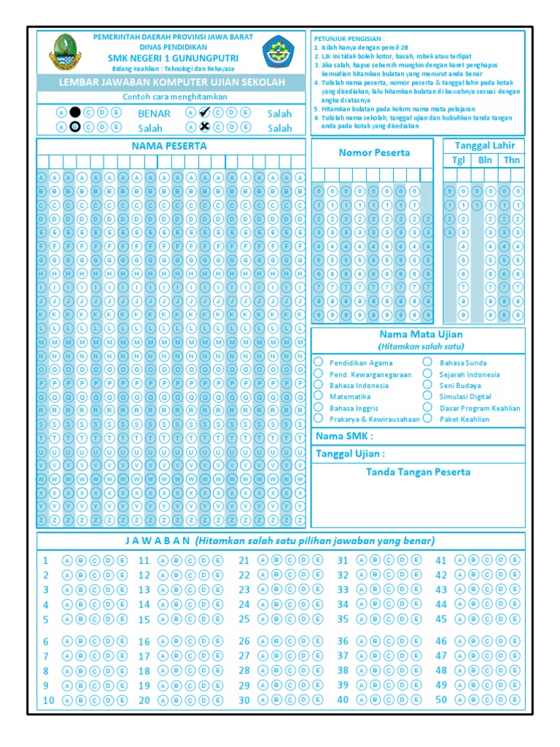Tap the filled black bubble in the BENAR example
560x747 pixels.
[x=74, y=112]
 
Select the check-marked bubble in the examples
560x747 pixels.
[x=204, y=112]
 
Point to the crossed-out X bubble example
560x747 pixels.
[x=204, y=127]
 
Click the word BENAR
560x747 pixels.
[x=154, y=113]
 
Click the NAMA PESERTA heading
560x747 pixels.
[x=169, y=146]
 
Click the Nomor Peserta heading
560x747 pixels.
[x=374, y=152]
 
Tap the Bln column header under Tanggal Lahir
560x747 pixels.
[x=485, y=160]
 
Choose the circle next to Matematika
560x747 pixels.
[x=319, y=396]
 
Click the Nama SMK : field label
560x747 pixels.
[x=344, y=436]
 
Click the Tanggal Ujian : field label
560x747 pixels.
[x=350, y=454]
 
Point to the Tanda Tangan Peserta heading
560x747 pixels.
[x=418, y=472]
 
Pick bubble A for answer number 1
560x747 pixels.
[x=67, y=560]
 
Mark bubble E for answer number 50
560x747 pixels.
[x=515, y=700]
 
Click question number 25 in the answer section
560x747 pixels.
[x=244, y=619]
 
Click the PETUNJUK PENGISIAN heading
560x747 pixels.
[x=349, y=38]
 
